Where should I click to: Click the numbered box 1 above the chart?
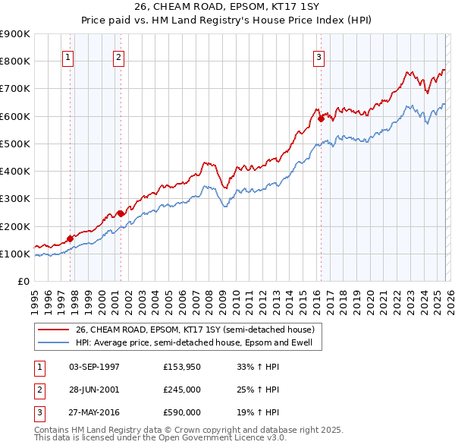coord(68,56)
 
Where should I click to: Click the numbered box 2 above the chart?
coord(119,56)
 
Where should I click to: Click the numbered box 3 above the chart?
coord(319,56)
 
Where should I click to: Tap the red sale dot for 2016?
coord(321,118)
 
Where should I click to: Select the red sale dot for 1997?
coord(70,238)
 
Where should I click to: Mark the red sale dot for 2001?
coord(121,213)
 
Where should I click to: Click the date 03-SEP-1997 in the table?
coord(94,367)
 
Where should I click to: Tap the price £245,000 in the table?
coord(182,390)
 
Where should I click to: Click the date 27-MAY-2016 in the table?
coord(94,412)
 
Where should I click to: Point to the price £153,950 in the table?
coord(182,367)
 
